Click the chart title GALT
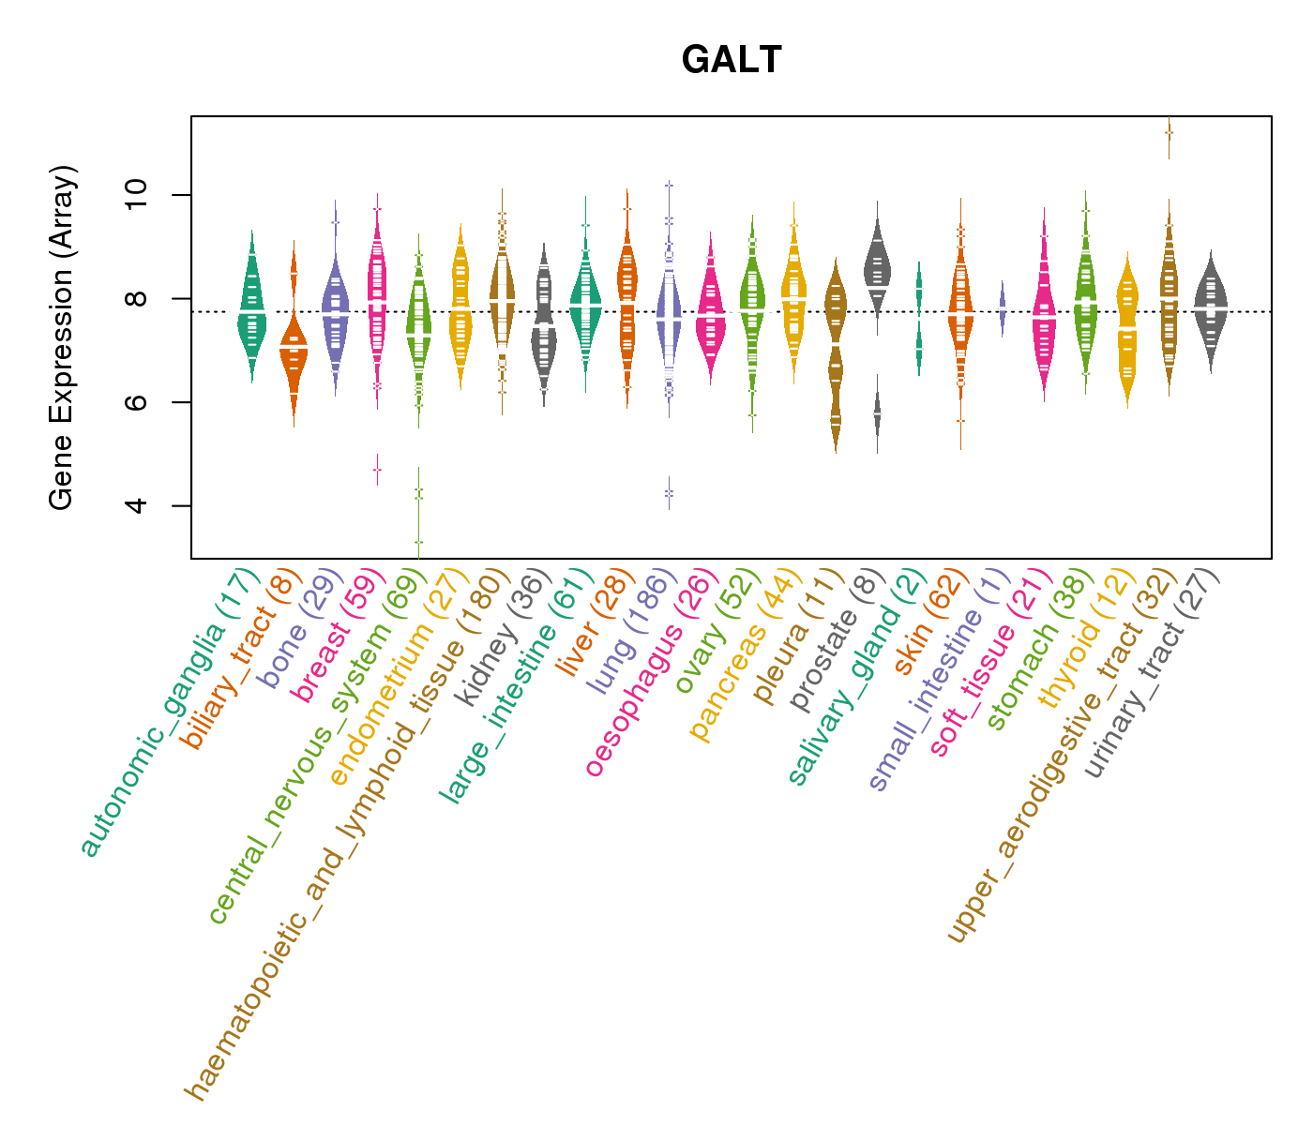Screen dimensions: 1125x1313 pyautogui.click(x=732, y=61)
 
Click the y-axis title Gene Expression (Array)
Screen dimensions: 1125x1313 pyautogui.click(x=62, y=337)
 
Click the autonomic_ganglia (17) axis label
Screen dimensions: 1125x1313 pyautogui.click(x=169, y=712)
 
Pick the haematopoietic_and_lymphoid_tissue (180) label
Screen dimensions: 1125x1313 pyautogui.click(x=347, y=834)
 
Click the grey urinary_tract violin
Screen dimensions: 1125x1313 pyautogui.click(x=1211, y=309)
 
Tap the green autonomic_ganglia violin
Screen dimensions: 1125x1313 pyautogui.click(x=251, y=309)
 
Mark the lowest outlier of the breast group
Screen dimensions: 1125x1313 pyautogui.click(x=377, y=469)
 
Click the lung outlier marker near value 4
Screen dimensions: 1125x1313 pyautogui.click(x=669, y=492)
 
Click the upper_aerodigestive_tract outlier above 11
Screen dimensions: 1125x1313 pyautogui.click(x=1169, y=133)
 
